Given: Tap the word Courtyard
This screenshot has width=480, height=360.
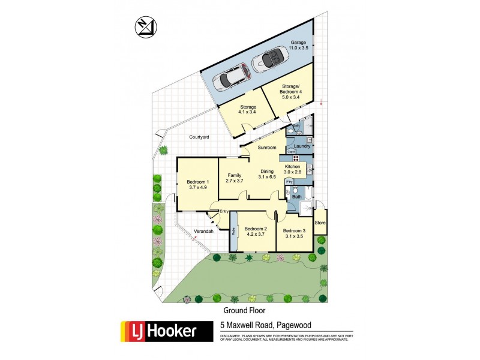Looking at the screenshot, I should (199, 137).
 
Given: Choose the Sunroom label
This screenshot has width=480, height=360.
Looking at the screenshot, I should (267, 147).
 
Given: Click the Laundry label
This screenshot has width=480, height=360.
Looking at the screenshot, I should (302, 146).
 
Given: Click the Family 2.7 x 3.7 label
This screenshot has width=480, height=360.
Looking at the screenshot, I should (233, 178).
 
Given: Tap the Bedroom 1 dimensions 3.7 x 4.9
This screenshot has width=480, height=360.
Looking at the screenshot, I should (197, 188).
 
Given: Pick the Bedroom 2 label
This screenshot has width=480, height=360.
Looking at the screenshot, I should (256, 232).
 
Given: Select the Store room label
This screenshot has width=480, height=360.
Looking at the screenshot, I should (320, 223).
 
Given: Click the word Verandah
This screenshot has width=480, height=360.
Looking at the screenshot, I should (203, 231).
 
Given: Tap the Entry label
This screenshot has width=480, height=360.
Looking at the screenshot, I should (224, 211).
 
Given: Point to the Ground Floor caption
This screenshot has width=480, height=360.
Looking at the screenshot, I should (245, 310).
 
